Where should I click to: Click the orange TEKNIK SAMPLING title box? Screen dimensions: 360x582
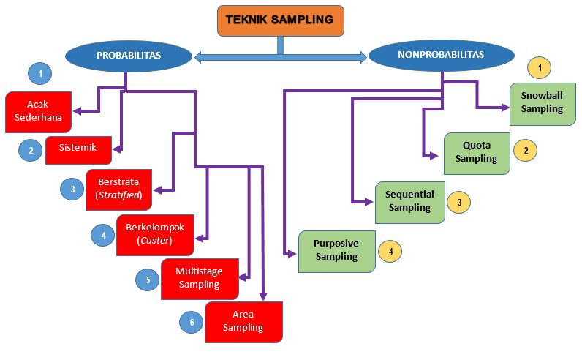click(280, 20)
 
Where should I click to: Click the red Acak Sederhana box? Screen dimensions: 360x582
click(38, 111)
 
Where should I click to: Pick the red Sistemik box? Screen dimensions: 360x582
click(79, 149)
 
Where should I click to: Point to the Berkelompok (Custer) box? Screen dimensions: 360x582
click(154, 233)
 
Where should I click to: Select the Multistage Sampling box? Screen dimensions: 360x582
click(199, 277)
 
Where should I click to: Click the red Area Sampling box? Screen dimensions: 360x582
click(243, 320)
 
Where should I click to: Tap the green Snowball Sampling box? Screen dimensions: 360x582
click(543, 102)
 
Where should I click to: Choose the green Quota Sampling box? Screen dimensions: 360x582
click(476, 151)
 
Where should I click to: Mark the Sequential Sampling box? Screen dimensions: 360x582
click(409, 201)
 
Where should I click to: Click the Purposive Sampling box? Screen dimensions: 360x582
click(336, 250)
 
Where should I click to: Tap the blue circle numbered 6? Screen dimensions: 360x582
click(191, 321)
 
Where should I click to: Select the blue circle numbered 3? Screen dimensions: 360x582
click(72, 190)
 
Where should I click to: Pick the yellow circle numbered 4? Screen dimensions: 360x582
click(390, 251)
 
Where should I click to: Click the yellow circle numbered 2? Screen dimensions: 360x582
click(525, 151)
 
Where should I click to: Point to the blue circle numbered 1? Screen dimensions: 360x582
click(41, 74)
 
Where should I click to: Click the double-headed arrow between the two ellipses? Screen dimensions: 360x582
click(280, 56)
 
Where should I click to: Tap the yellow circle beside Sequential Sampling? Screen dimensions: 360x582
click(458, 201)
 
